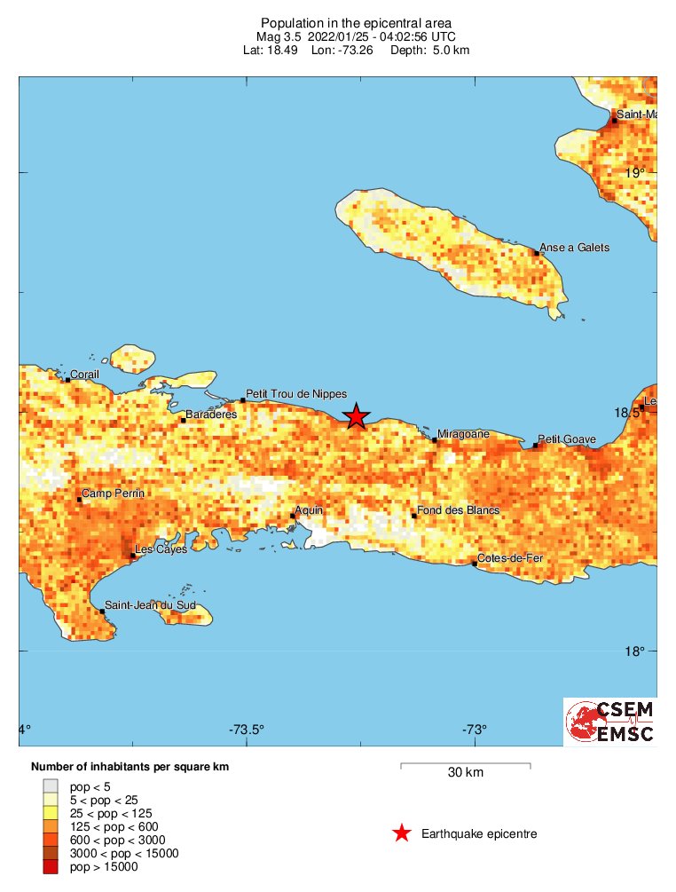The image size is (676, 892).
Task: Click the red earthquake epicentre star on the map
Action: (356, 415)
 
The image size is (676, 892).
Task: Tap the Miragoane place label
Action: (463, 434)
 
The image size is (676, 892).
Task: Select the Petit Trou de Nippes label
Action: (295, 394)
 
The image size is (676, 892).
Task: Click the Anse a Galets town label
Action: (574, 248)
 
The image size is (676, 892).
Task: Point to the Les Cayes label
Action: (156, 549)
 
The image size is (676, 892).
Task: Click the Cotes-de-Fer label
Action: (509, 558)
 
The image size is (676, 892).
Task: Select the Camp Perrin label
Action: (113, 493)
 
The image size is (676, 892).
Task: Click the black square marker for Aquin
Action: (293, 516)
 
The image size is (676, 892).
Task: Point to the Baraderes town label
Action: (211, 414)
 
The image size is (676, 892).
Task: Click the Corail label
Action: (85, 375)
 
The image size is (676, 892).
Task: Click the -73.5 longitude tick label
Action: (246, 730)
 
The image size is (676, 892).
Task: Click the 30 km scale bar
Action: (465, 764)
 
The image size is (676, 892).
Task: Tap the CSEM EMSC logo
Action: (610, 722)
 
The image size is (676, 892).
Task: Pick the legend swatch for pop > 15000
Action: (51, 866)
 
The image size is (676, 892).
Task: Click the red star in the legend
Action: (401, 833)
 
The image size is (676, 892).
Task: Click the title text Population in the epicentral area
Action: (356, 22)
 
